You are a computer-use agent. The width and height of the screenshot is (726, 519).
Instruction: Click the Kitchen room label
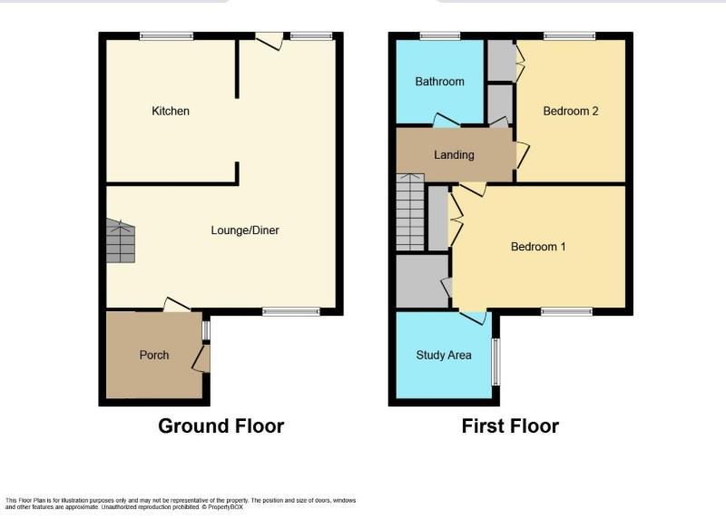point(171,111)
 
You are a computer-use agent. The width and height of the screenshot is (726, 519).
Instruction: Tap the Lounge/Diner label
point(245,230)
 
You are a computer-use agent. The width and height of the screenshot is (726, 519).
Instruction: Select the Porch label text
point(154,355)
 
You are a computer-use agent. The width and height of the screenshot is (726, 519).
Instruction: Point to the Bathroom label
point(439,82)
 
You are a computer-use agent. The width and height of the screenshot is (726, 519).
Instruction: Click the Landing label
point(454,154)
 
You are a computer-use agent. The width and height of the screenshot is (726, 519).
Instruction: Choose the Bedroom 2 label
point(571,111)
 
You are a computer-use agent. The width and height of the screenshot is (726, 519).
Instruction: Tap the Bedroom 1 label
point(538,246)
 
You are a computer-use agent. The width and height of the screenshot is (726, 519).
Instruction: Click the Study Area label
point(444,355)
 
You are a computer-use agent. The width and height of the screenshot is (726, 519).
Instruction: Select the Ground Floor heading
point(221,426)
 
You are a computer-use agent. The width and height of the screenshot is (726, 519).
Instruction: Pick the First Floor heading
point(510,426)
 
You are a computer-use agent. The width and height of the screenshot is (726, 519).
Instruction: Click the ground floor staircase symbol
point(121,240)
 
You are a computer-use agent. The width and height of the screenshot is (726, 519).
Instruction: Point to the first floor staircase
point(410,212)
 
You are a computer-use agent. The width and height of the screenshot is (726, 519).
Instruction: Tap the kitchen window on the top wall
point(167,36)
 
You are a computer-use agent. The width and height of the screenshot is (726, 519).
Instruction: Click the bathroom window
point(440,36)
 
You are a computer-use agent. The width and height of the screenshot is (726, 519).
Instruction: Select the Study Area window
point(495,362)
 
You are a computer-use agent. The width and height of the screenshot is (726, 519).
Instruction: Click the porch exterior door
point(201,357)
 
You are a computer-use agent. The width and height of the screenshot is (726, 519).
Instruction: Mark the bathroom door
point(446,120)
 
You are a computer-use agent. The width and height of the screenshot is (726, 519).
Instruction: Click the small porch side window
point(206,330)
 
